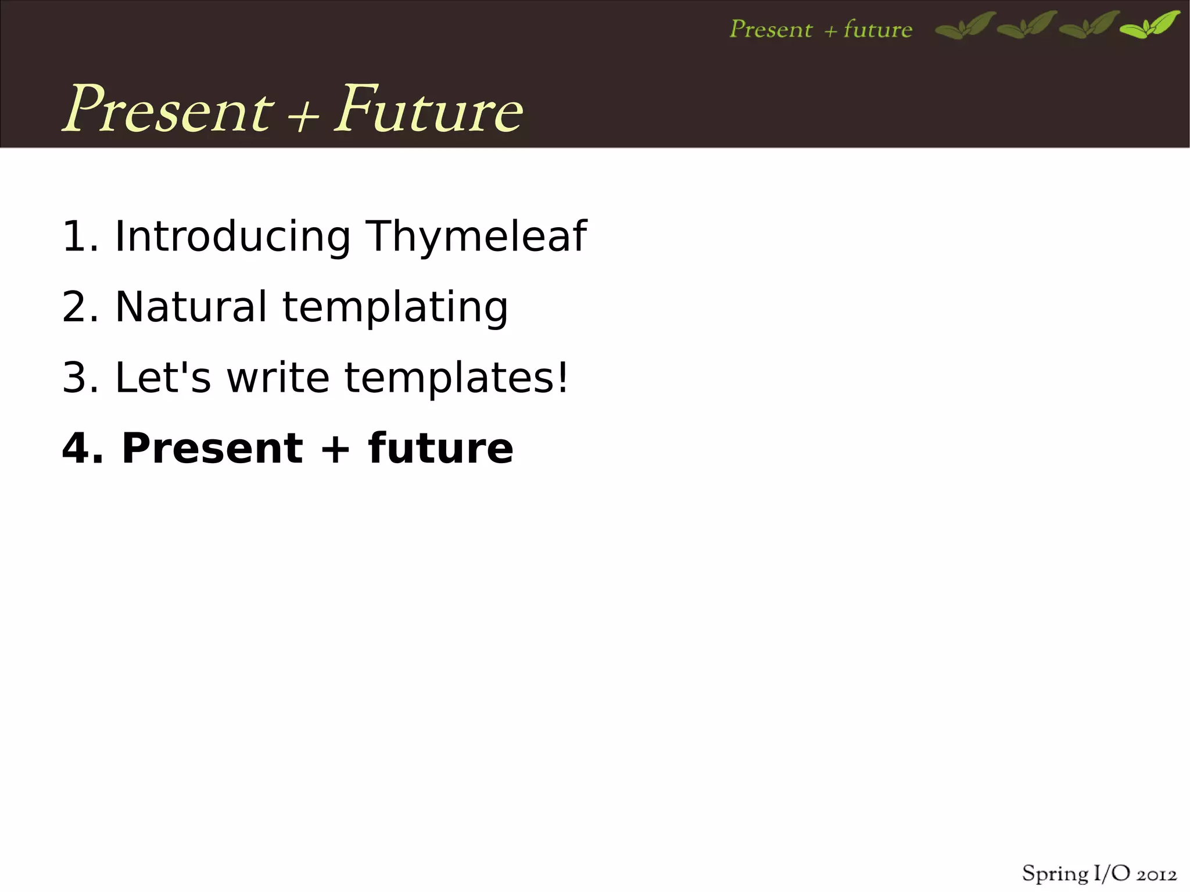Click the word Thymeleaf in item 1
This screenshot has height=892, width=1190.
click(476, 237)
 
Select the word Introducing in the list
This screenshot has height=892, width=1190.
click(232, 237)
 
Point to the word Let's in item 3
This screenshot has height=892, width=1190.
click(163, 378)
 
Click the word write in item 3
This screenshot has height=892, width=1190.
click(278, 378)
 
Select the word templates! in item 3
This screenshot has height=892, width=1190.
click(456, 378)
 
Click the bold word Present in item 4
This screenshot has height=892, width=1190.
click(212, 449)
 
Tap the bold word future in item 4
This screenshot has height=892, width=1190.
click(440, 449)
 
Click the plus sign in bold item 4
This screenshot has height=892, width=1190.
click(335, 450)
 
